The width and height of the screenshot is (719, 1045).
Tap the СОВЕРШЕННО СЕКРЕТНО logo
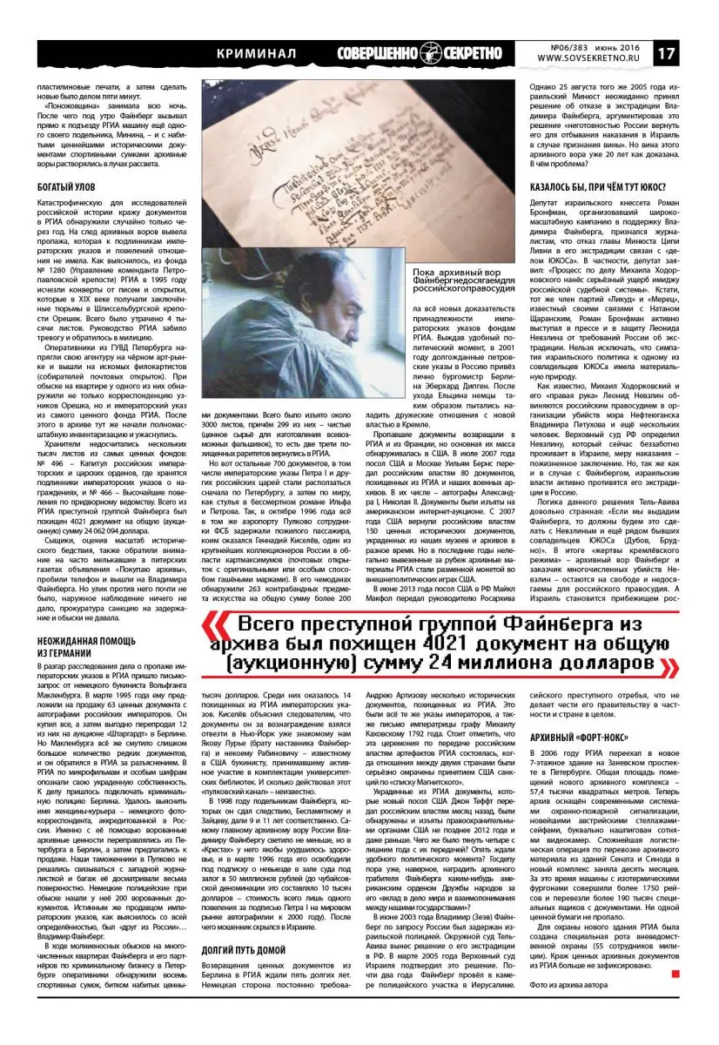coord(424,52)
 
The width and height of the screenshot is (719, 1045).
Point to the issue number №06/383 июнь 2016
coord(588,46)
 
